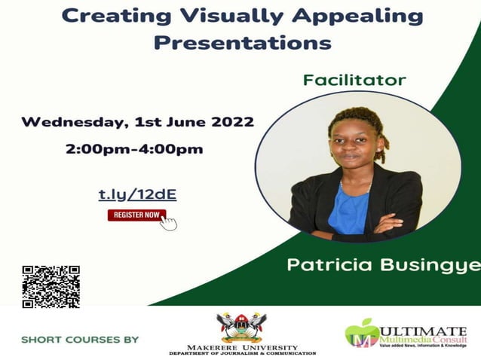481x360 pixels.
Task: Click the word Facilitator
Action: (354, 80)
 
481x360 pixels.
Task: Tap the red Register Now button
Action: (136, 215)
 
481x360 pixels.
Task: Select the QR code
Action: (51, 286)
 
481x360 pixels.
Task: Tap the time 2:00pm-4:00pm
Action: (135, 148)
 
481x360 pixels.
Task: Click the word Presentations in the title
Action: (242, 42)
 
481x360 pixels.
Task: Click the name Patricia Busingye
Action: (383, 265)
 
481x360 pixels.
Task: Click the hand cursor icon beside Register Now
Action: (169, 221)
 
